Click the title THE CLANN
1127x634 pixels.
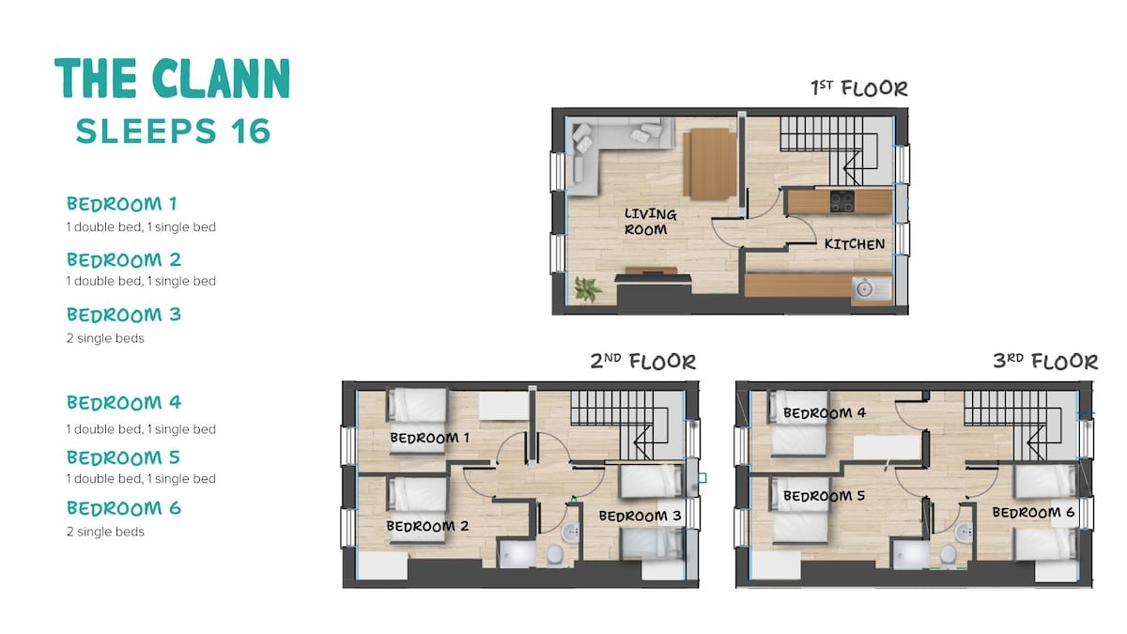172,79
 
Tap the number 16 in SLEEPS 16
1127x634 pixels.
248,131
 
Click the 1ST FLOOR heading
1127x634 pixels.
859,89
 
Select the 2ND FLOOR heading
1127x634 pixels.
643,361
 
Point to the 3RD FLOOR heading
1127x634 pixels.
1045,361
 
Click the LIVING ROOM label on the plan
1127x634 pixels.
649,222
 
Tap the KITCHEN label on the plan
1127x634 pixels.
854,244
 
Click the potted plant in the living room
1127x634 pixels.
588,289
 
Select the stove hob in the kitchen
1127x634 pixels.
841,200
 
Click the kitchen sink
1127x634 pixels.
865,287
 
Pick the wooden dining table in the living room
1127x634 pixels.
709,163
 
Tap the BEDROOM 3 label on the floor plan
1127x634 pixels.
640,516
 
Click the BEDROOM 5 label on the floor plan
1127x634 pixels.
824,496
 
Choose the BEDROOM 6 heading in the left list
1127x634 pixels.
124,508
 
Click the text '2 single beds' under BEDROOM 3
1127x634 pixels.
105,338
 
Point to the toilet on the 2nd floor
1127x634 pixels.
554,554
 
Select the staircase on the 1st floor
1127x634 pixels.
831,150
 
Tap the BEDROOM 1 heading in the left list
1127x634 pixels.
122,203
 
